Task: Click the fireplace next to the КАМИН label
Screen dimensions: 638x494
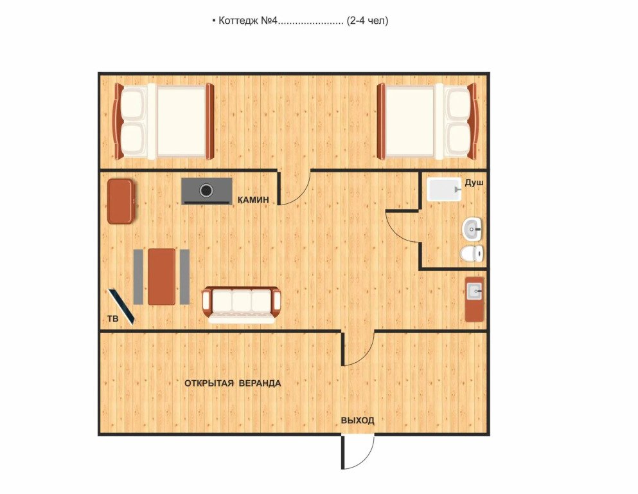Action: coord(207,191)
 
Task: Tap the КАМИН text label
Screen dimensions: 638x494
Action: coord(253,200)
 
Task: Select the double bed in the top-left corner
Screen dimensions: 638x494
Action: coord(164,122)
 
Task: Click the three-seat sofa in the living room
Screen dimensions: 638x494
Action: coord(242,304)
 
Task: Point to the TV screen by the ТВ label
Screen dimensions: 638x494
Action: coord(121,307)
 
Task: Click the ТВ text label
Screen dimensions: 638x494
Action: coord(112,318)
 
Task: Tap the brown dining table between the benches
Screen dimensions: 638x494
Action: coord(161,277)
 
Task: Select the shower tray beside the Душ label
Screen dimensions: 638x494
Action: coord(445,190)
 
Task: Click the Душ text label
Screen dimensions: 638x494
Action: coord(474,183)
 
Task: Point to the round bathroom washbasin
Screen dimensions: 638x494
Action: coord(472,229)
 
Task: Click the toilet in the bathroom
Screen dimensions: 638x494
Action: coord(472,254)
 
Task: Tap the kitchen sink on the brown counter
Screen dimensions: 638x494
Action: coord(474,291)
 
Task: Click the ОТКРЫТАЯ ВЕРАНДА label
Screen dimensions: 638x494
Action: coord(233,383)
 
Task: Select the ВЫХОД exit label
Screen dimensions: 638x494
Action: coord(358,420)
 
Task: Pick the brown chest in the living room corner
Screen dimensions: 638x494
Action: coord(121,201)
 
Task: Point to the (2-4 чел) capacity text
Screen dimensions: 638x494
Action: coord(367,21)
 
